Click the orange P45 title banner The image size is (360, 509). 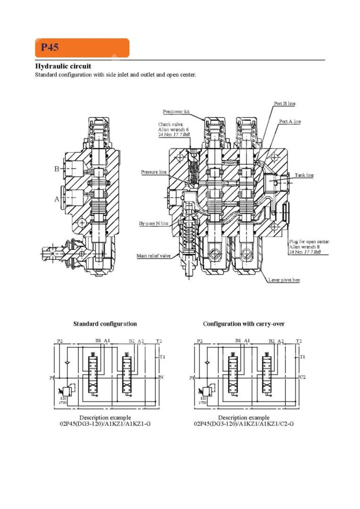pos(82,48)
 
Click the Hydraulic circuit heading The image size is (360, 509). pos(63,66)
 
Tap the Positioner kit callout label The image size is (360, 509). pos(176,112)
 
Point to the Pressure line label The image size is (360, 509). pos(154,172)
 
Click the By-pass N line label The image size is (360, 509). pos(154,223)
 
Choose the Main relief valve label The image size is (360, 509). pos(153,256)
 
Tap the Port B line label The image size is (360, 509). pos(284,104)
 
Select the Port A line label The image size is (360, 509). pos(290,122)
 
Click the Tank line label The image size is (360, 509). pos(304,175)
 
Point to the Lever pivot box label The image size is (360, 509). pos(284,280)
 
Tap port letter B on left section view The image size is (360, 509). pos(57,168)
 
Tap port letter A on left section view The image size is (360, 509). pos(57,199)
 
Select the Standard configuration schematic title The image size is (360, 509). pos(105,324)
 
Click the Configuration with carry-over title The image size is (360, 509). pos(244,324)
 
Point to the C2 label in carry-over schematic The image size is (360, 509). pos(302,377)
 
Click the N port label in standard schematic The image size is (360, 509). pos(161,377)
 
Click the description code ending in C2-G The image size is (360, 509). pos(244,424)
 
